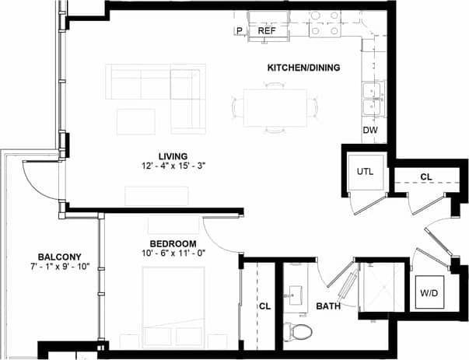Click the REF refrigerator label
pos(267,32)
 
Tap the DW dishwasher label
pos(370,130)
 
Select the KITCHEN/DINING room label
pos(303,68)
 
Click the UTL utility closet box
pos(366,171)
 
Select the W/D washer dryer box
pos(429,293)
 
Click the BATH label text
pos(328,307)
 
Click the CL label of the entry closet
pos(426,177)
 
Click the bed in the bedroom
pos(172,307)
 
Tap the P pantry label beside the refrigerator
pos(240,32)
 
